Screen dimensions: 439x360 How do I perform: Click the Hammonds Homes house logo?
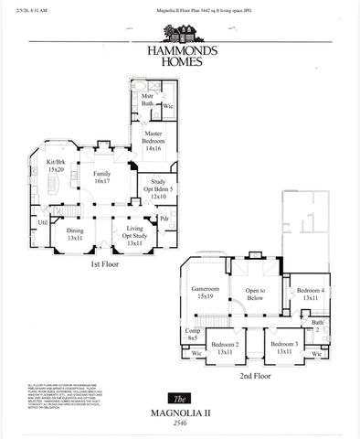click(179, 34)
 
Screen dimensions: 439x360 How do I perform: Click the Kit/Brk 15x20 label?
click(56, 166)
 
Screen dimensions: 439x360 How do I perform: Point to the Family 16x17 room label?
click(101, 177)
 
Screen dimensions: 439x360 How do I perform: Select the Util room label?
click(43, 221)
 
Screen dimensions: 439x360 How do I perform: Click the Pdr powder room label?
click(164, 219)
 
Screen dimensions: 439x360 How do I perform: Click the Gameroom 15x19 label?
click(199, 291)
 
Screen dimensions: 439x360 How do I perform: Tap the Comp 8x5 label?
click(193, 336)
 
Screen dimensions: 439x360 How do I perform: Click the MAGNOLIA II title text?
click(180, 413)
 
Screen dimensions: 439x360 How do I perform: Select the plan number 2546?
click(180, 425)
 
